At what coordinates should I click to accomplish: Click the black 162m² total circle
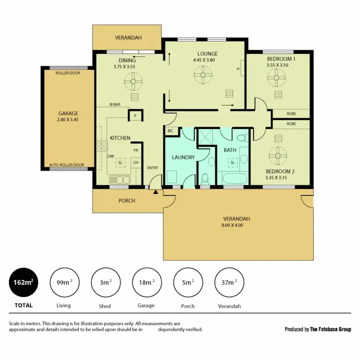pos(24,283)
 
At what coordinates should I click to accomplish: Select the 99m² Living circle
pos(64,283)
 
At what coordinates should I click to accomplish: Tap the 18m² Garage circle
pos(146,283)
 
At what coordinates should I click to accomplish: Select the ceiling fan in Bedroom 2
pos(277,154)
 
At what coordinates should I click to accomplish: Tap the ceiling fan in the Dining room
pos(133,81)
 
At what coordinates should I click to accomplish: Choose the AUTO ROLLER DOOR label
pos(66,165)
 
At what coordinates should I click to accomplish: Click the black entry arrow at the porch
pos(156,192)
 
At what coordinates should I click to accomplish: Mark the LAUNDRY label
pos(183,157)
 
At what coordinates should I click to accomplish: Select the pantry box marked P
pos(135,116)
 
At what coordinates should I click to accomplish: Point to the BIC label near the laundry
pos(170,131)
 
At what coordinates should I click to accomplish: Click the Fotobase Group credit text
pos(318,329)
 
